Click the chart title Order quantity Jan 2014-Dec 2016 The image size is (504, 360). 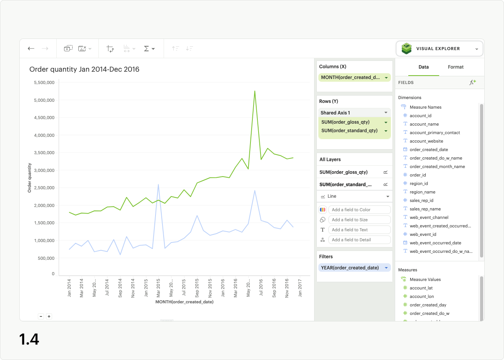coord(84,69)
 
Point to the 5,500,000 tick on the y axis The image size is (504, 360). coord(44,82)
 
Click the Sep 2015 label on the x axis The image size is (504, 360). coord(197,288)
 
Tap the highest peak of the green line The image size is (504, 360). coord(255,91)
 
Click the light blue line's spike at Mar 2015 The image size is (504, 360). coord(158,185)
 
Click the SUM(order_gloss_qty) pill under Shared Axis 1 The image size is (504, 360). coord(345,122)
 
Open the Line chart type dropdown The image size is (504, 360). coord(354,196)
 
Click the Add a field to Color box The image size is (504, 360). coord(359,210)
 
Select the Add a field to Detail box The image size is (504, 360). coord(359,240)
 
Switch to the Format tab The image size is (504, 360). coord(455,67)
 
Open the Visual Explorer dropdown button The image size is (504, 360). coord(439,49)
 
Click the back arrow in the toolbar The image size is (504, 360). coord(31,49)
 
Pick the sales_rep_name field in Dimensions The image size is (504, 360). coord(425,209)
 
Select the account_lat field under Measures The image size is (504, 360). coord(421,288)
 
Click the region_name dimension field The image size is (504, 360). coord(422,192)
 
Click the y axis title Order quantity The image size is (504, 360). coord(29,178)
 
